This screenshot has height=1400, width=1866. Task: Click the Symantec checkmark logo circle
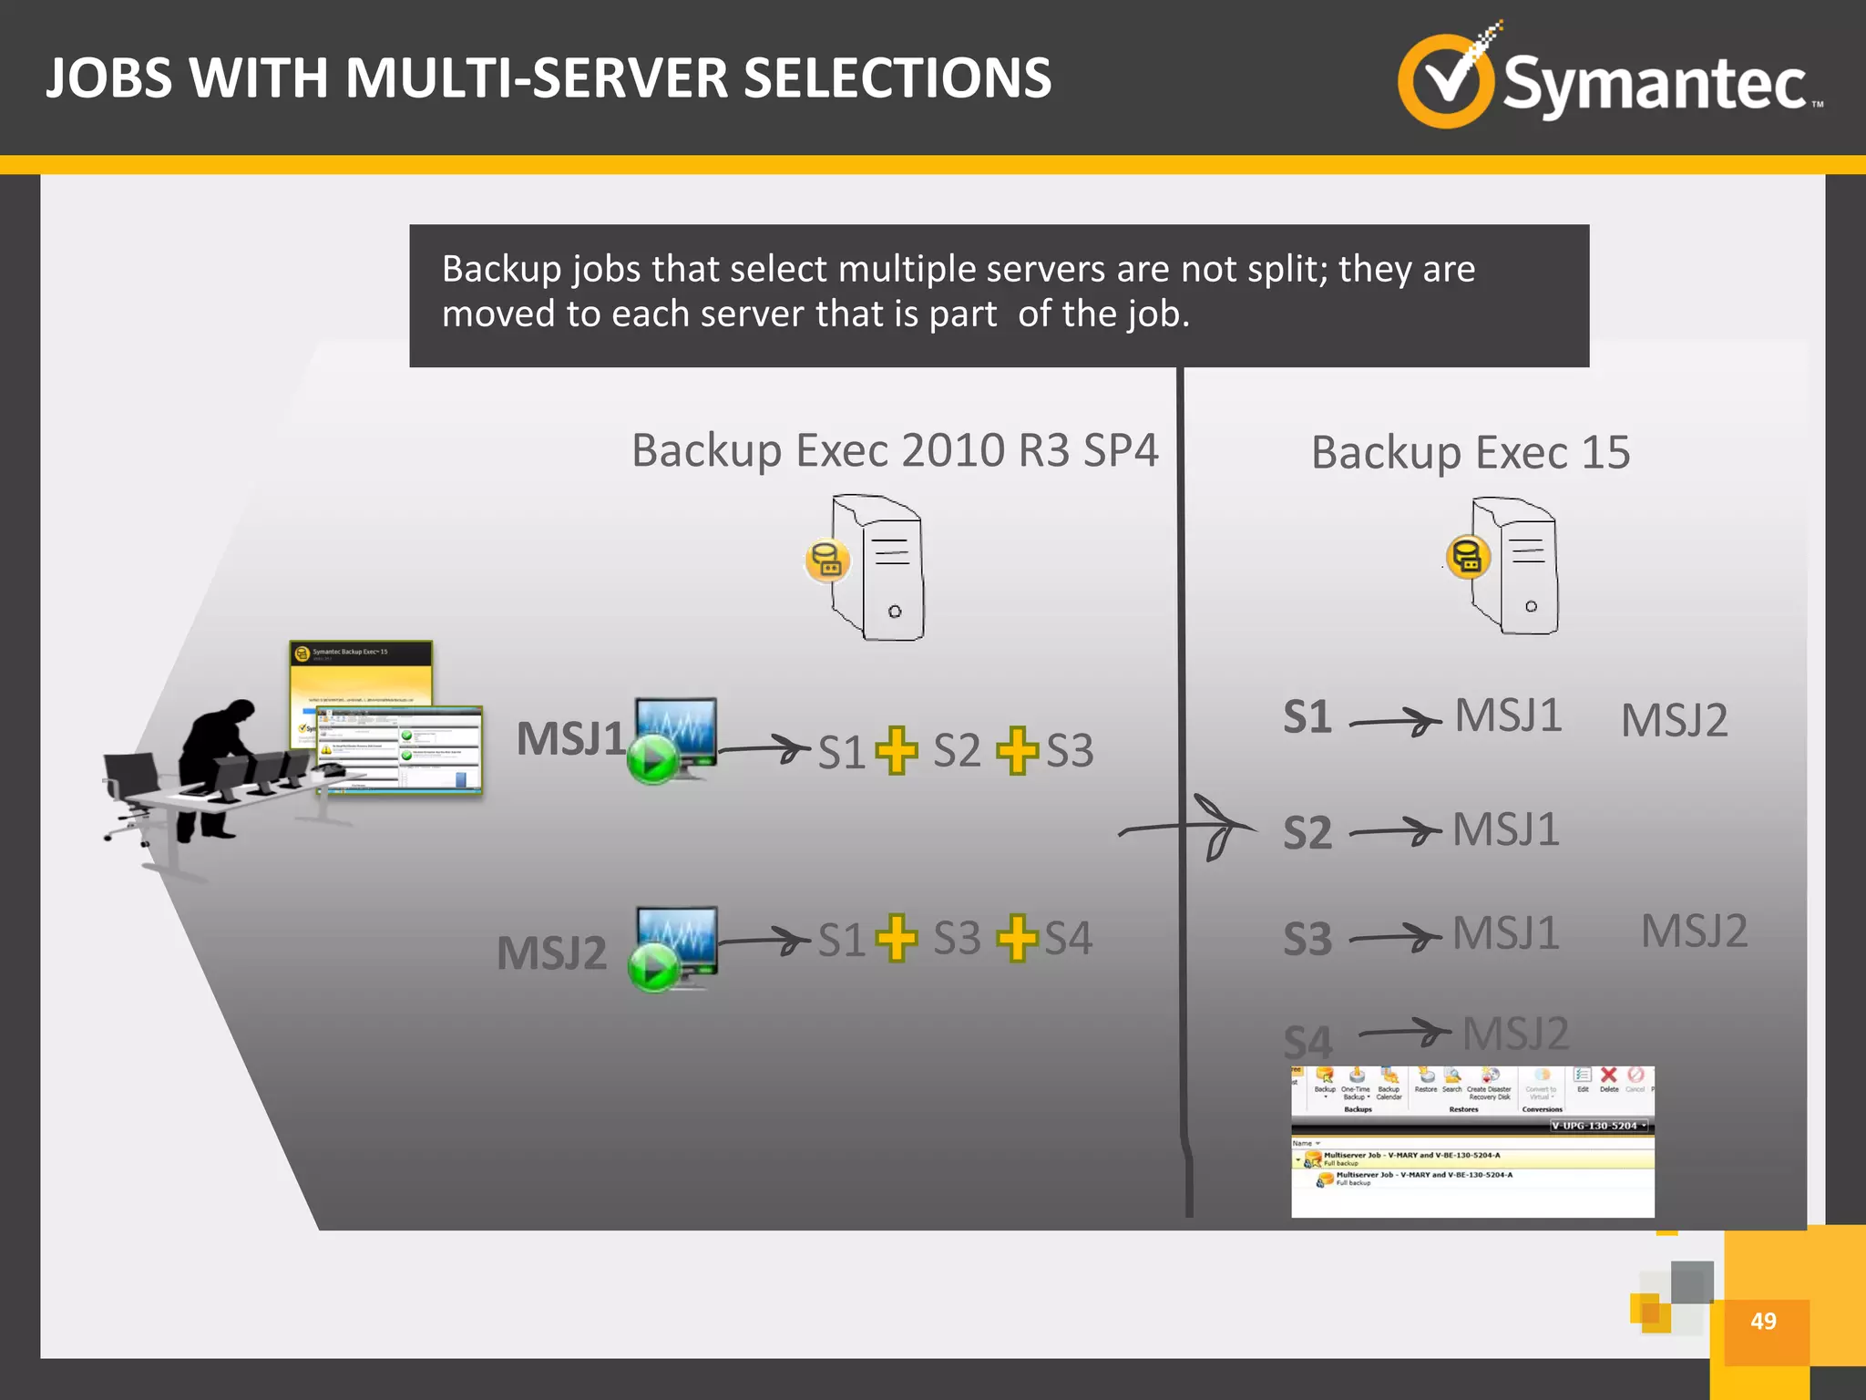click(1445, 83)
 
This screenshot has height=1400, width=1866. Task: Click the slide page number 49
click(1762, 1321)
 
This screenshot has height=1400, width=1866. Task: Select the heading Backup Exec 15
click(1470, 453)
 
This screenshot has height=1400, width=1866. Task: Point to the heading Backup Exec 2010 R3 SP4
click(895, 451)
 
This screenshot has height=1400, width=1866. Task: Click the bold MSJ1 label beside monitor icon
click(570, 739)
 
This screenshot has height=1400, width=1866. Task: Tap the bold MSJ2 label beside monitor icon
click(551, 953)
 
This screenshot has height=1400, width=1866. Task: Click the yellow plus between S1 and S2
click(897, 751)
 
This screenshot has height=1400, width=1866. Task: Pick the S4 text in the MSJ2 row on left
click(1068, 938)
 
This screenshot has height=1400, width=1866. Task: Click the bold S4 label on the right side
click(1307, 1042)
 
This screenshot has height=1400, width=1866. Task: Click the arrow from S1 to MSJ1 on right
click(1395, 722)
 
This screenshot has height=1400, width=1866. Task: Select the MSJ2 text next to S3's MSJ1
click(1694, 932)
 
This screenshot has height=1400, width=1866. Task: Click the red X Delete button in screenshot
click(1609, 1077)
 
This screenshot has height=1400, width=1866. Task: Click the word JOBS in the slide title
click(108, 78)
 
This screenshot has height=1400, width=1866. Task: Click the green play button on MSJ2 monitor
click(652, 969)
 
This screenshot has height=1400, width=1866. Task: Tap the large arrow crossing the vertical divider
click(1194, 828)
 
